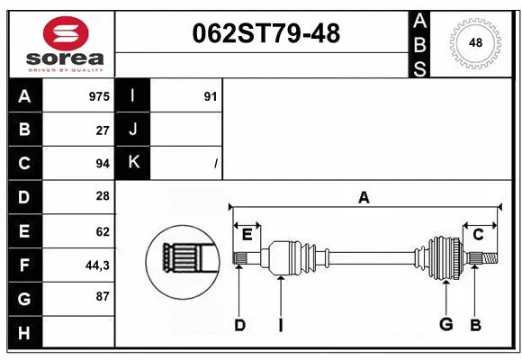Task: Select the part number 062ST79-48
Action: (267, 34)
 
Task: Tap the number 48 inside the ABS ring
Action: (474, 42)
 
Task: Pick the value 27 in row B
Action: (103, 130)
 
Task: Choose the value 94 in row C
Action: (103, 164)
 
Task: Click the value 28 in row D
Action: (103, 196)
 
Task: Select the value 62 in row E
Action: (103, 231)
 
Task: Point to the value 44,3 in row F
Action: (98, 265)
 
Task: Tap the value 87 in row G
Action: (103, 297)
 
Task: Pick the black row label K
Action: (133, 163)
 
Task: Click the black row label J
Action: (133, 130)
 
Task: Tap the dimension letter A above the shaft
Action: (364, 197)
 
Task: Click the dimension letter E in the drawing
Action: (247, 234)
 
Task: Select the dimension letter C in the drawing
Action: (478, 234)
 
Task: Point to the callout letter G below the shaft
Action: (445, 325)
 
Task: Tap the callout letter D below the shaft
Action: (239, 325)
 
